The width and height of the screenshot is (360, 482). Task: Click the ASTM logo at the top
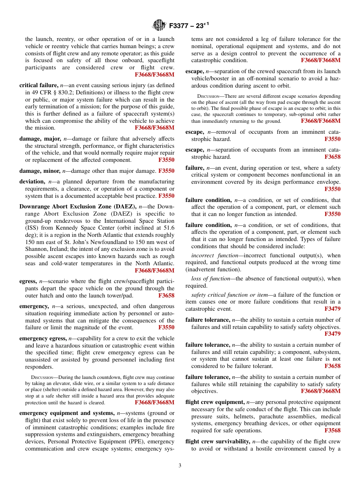(x=159, y=25)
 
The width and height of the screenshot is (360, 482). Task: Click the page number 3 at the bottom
(x=180, y=465)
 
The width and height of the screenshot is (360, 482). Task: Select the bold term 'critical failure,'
(x=39, y=85)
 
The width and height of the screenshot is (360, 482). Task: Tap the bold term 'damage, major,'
(x=39, y=139)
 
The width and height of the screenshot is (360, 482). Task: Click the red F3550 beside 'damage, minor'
(x=166, y=171)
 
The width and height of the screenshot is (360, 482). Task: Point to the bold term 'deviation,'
(x=32, y=182)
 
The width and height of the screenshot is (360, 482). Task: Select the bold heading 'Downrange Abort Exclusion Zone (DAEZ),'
(x=78, y=207)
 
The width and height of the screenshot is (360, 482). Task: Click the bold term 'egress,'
(x=28, y=281)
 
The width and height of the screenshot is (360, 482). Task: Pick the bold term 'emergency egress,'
(x=43, y=338)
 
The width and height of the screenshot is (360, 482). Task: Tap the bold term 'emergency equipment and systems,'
(x=67, y=413)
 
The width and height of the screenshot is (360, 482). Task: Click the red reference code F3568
(x=332, y=430)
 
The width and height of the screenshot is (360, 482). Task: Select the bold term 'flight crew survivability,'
(x=218, y=441)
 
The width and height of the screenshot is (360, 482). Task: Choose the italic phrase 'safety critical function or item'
(x=229, y=295)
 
